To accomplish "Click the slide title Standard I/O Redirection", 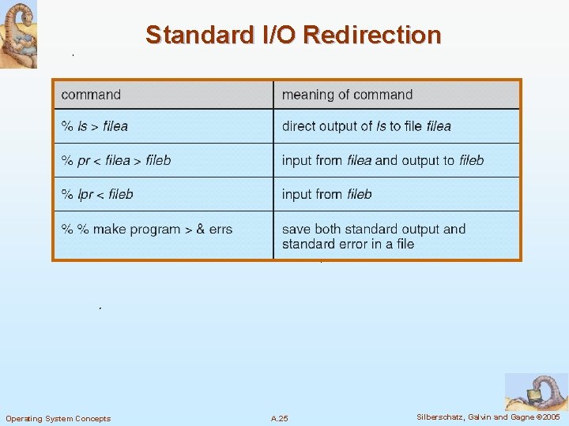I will pyautogui.click(x=293, y=35).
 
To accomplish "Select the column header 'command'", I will pyautogui.click(x=91, y=95).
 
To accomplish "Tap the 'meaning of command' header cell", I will pyautogui.click(x=347, y=95).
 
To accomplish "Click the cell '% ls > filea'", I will pyautogui.click(x=95, y=126).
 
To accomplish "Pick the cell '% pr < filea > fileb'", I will pyautogui.click(x=116, y=160).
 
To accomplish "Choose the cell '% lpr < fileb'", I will pyautogui.click(x=98, y=194).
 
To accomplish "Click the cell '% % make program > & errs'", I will pyautogui.click(x=147, y=229).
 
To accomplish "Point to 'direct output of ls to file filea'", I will pyautogui.click(x=367, y=126).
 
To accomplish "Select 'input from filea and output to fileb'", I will pyautogui.click(x=382, y=160).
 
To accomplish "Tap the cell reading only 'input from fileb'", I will pyautogui.click(x=326, y=194).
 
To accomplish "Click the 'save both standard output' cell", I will pyautogui.click(x=374, y=236).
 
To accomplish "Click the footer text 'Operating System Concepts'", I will pyautogui.click(x=58, y=418).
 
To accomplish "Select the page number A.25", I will pyautogui.click(x=280, y=418).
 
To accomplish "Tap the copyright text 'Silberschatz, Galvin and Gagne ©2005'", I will pyautogui.click(x=488, y=417).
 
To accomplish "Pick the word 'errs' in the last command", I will pyautogui.click(x=221, y=229).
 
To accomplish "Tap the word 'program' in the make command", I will pyautogui.click(x=155, y=229).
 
